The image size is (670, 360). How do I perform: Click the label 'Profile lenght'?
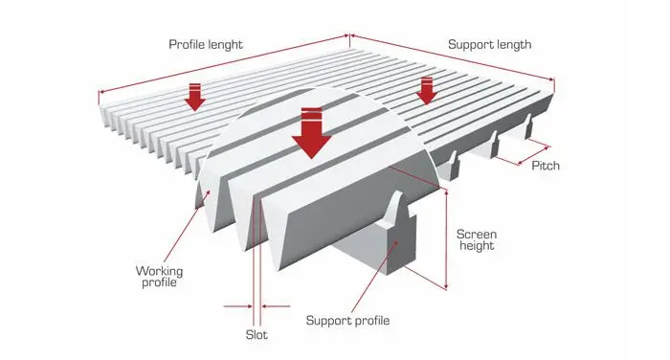206,44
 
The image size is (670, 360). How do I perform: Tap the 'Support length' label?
490,44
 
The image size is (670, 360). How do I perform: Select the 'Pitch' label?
546,166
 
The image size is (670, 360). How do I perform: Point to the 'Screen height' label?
477,240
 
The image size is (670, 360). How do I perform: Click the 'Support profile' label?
347,321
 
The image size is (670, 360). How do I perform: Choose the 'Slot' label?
257,335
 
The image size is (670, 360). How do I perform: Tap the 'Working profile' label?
159,277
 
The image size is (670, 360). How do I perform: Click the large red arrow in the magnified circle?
311,133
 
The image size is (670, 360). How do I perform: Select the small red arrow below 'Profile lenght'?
195,97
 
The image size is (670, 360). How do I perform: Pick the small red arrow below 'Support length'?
427,91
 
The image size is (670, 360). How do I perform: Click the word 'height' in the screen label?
477,246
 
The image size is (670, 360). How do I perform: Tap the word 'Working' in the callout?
159,271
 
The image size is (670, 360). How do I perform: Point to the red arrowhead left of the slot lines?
249,306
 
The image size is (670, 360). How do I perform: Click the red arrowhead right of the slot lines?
264,306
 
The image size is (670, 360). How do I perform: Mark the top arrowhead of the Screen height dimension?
446,193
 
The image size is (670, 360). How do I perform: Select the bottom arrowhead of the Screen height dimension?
446,286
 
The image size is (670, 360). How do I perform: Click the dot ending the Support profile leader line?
396,243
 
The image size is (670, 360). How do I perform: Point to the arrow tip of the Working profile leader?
210,192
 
